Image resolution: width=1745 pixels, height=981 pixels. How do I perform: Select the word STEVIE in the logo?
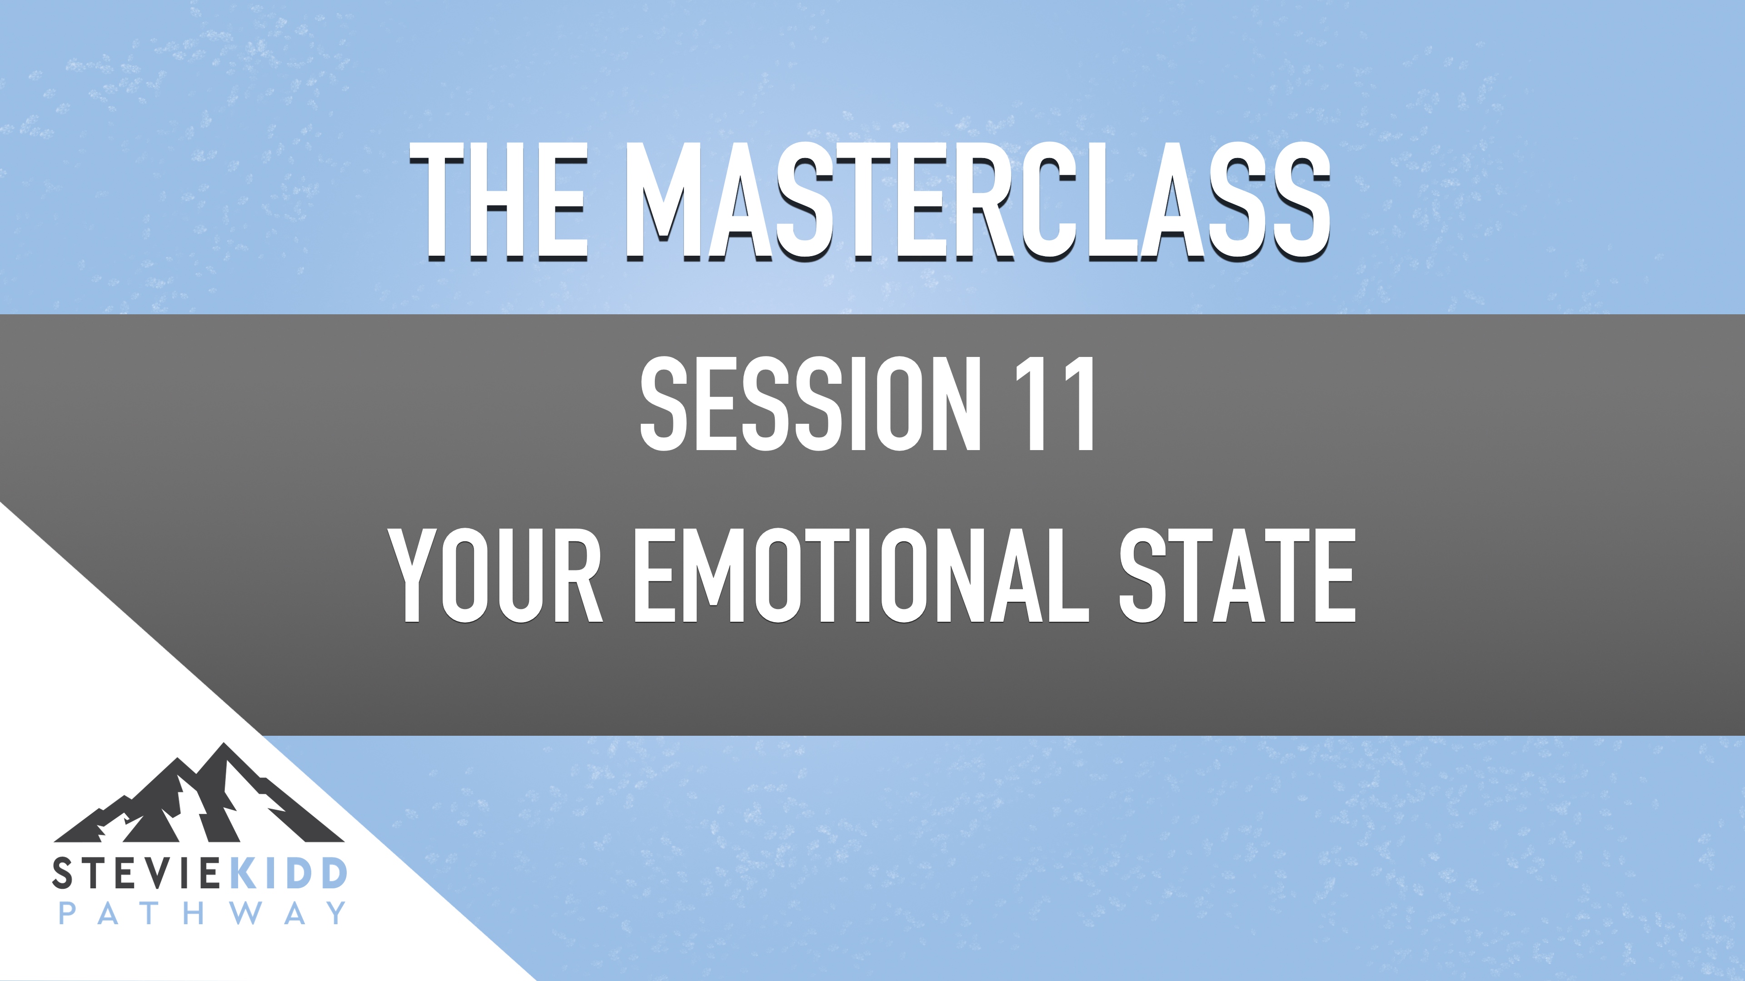[135, 873]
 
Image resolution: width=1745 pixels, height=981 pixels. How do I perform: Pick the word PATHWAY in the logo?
[202, 913]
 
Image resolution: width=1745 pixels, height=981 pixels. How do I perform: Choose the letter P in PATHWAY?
[68, 913]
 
